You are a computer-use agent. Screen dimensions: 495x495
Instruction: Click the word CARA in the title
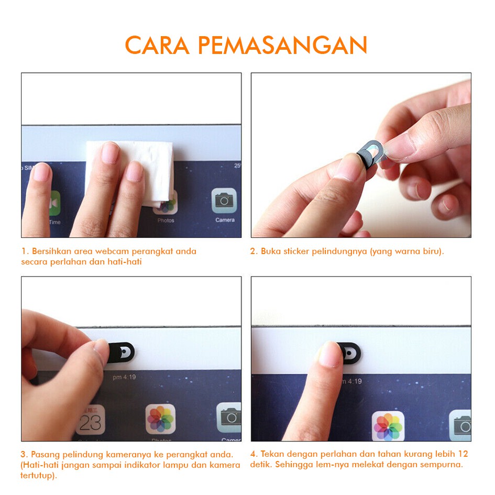click(x=157, y=45)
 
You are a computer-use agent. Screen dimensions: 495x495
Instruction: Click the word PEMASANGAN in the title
click(x=282, y=45)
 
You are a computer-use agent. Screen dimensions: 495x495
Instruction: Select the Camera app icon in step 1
click(x=224, y=201)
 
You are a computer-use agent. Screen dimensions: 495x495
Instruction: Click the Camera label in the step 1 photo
click(x=225, y=220)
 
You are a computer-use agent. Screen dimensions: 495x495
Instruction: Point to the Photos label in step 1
click(x=166, y=221)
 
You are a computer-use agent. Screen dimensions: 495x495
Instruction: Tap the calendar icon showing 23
click(x=91, y=420)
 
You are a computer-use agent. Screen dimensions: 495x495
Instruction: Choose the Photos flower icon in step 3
click(x=160, y=419)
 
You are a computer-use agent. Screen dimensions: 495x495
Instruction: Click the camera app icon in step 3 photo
click(x=229, y=417)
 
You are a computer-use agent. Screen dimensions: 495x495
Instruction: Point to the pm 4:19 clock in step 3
click(x=124, y=377)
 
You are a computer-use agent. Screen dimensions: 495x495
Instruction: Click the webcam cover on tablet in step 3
click(x=122, y=352)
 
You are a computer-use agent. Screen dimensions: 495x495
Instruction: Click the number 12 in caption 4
click(x=463, y=454)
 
